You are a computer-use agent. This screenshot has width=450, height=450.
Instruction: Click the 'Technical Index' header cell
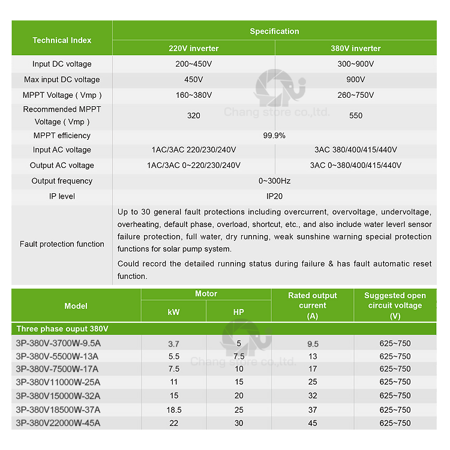pyautogui.click(x=62, y=40)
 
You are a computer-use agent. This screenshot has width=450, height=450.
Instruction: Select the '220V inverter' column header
pyautogui.click(x=193, y=49)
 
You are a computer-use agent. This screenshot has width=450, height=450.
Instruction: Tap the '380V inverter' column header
pyautogui.click(x=356, y=49)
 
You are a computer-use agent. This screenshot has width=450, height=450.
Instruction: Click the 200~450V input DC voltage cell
pyautogui.click(x=193, y=64)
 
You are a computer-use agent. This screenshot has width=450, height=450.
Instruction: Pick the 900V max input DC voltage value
pyautogui.click(x=356, y=80)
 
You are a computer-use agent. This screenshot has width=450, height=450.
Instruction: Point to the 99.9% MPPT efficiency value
pyautogui.click(x=274, y=136)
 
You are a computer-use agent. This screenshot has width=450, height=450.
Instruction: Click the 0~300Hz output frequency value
pyautogui.click(x=274, y=181)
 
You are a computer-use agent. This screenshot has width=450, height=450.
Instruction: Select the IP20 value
pyautogui.click(x=274, y=196)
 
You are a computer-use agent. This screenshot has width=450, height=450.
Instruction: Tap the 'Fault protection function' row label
pyautogui.click(x=62, y=244)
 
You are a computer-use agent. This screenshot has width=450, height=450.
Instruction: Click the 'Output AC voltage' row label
pyautogui.click(x=62, y=166)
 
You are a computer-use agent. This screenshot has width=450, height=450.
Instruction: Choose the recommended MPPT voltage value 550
pyautogui.click(x=356, y=115)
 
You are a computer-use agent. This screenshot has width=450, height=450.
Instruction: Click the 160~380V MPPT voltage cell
pyautogui.click(x=193, y=95)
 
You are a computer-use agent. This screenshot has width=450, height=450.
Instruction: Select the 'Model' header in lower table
pyautogui.click(x=76, y=306)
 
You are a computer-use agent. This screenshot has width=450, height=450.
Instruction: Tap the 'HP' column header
pyautogui.click(x=238, y=312)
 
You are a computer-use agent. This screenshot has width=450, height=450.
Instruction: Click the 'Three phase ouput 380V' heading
pyautogui.click(x=62, y=329)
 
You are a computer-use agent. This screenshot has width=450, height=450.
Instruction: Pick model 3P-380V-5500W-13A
pyautogui.click(x=58, y=356)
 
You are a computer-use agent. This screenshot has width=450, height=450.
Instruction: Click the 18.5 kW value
pyautogui.click(x=173, y=410)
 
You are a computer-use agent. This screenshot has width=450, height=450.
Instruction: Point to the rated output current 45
pyautogui.click(x=313, y=423)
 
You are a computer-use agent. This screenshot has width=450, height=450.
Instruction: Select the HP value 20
pyautogui.click(x=239, y=396)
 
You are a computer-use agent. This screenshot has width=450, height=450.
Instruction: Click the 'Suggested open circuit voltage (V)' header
pyautogui.click(x=395, y=305)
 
